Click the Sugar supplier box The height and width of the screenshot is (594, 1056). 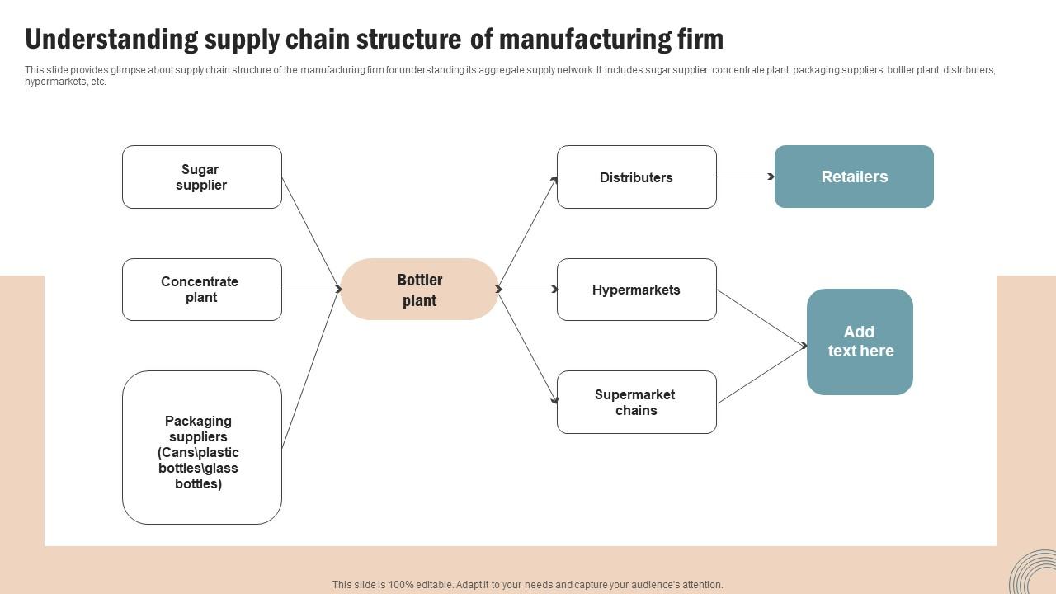(x=201, y=177)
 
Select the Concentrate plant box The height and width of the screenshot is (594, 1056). (x=201, y=290)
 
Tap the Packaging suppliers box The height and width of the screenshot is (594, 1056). (x=201, y=448)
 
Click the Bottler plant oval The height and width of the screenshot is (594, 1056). (x=419, y=290)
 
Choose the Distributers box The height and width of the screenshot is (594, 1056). (x=636, y=177)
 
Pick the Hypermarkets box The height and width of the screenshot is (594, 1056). (x=636, y=290)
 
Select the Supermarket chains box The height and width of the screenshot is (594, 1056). (x=636, y=403)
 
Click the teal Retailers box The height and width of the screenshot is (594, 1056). (x=854, y=177)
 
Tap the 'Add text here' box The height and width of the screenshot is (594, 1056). (x=860, y=342)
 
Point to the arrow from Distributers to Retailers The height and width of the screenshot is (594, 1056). (x=745, y=177)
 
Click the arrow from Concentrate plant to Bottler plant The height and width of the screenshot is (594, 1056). (x=311, y=290)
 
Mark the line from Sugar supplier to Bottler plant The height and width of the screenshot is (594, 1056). (x=311, y=233)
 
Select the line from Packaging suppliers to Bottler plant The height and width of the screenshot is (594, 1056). (x=311, y=369)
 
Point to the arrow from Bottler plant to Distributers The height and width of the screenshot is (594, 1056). (x=528, y=233)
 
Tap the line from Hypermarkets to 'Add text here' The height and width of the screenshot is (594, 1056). (x=761, y=318)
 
